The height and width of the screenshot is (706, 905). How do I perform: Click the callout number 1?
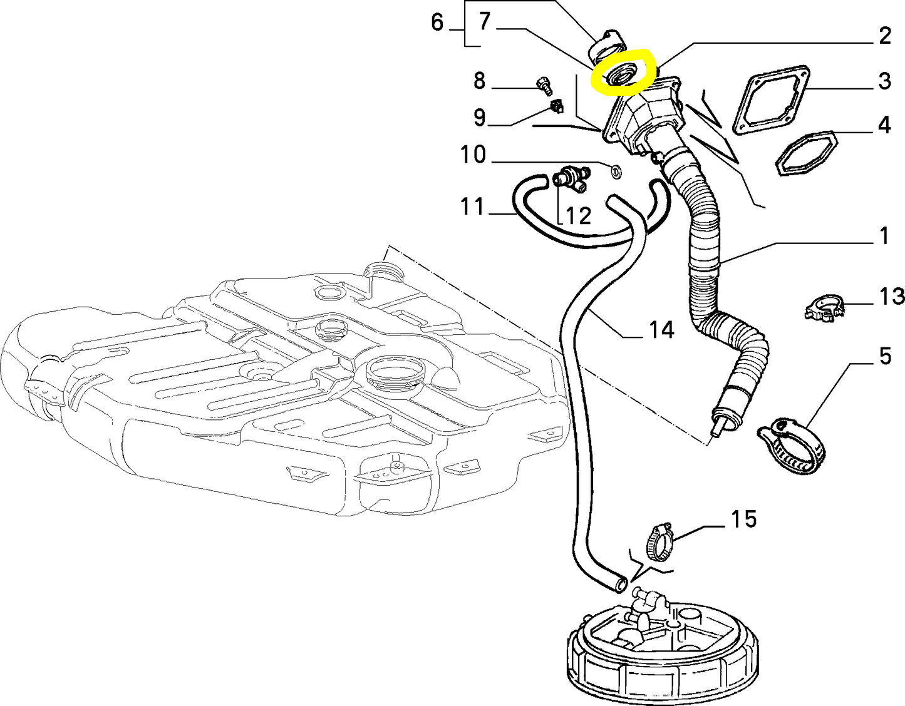click(x=884, y=237)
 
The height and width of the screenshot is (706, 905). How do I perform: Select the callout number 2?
click(x=884, y=36)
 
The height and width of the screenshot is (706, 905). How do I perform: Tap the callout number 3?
click(x=884, y=81)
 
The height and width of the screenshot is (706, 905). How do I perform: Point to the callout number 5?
click(x=884, y=356)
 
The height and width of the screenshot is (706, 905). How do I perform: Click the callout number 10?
click(x=473, y=155)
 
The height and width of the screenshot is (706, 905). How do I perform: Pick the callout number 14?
click(x=661, y=330)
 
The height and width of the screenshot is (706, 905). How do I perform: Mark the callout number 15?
click(x=743, y=519)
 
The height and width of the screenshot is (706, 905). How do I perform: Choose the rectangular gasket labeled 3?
click(x=770, y=100)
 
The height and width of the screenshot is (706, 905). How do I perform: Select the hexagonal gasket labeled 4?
click(x=806, y=153)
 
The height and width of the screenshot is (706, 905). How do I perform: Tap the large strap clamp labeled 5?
click(x=790, y=442)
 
